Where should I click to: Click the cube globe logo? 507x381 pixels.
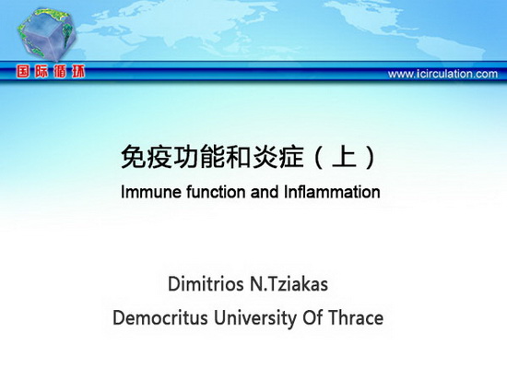coord(47,33)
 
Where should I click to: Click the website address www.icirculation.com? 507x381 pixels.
coord(442,74)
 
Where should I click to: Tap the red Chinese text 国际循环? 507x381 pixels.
coord(51,71)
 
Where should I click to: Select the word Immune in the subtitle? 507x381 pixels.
coord(151,192)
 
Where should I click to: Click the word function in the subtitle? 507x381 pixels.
coord(217,192)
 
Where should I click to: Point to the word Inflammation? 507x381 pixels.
coord(332,192)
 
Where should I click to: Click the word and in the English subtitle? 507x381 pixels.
coord(265,192)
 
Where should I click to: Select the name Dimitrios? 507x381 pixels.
coord(206,284)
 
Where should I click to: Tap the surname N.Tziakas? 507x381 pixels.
coord(289,284)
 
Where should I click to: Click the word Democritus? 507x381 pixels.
coord(160,318)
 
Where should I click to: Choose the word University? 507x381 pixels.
coord(254,318)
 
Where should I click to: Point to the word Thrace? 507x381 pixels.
coord(356,318)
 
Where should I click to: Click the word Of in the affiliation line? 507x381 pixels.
coord(312,318)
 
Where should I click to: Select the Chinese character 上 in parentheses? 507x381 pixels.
coord(344,157)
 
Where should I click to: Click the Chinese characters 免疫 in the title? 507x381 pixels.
coord(147,157)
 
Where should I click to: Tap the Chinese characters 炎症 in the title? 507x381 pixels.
coord(277,157)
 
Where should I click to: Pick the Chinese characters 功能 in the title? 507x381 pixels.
coord(199,157)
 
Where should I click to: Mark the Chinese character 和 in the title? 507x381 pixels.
coord(239,157)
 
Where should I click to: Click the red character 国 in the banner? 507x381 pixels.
coord(23,71)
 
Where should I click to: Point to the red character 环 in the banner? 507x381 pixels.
coord(78,71)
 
